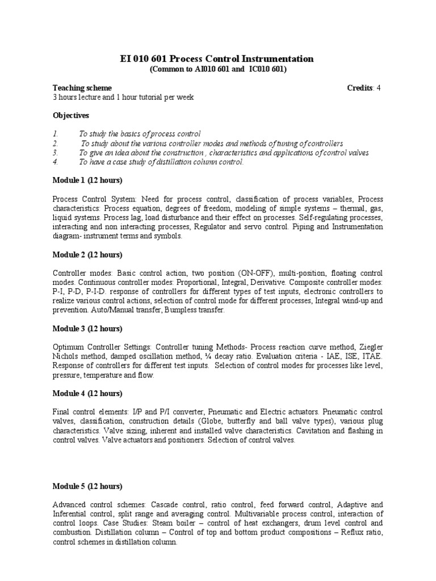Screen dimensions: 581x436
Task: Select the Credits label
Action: click(x=359, y=88)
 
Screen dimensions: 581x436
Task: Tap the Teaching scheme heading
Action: click(x=82, y=88)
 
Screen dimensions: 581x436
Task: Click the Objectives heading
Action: click(x=71, y=116)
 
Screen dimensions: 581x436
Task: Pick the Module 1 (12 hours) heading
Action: click(x=87, y=180)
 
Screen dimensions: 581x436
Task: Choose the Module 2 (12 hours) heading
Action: click(x=87, y=254)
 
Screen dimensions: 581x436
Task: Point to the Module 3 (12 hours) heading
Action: click(x=87, y=329)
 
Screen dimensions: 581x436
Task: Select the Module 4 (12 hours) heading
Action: click(x=87, y=393)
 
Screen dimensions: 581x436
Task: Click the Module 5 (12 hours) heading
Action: click(x=87, y=486)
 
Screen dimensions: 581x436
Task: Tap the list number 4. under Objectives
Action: click(x=56, y=162)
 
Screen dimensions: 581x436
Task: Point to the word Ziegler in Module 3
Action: click(x=370, y=347)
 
